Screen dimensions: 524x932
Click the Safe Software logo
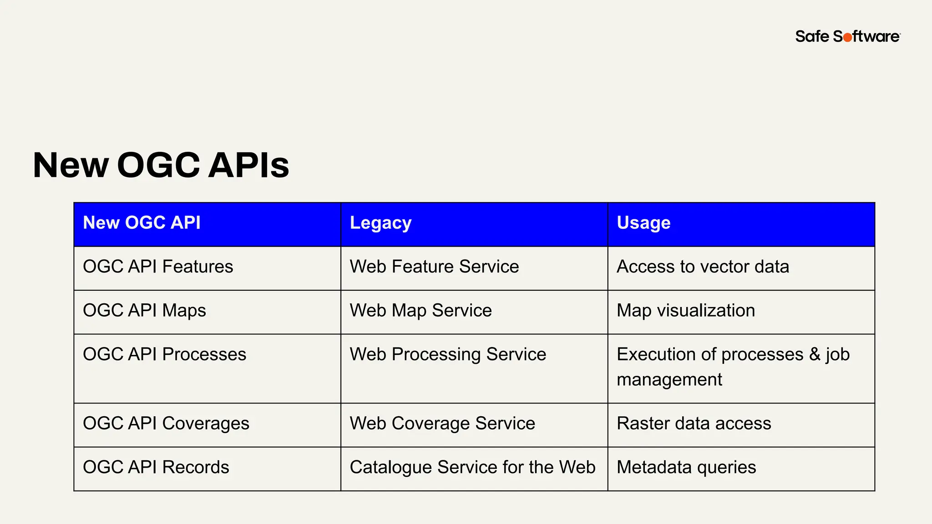click(847, 36)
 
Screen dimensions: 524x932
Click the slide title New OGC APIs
click(161, 165)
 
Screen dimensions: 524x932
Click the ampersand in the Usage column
click(815, 354)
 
